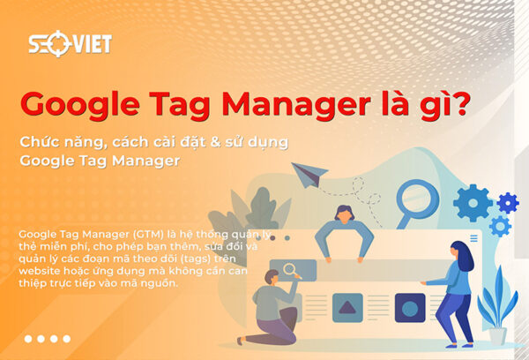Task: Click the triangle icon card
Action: pos(347,307)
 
